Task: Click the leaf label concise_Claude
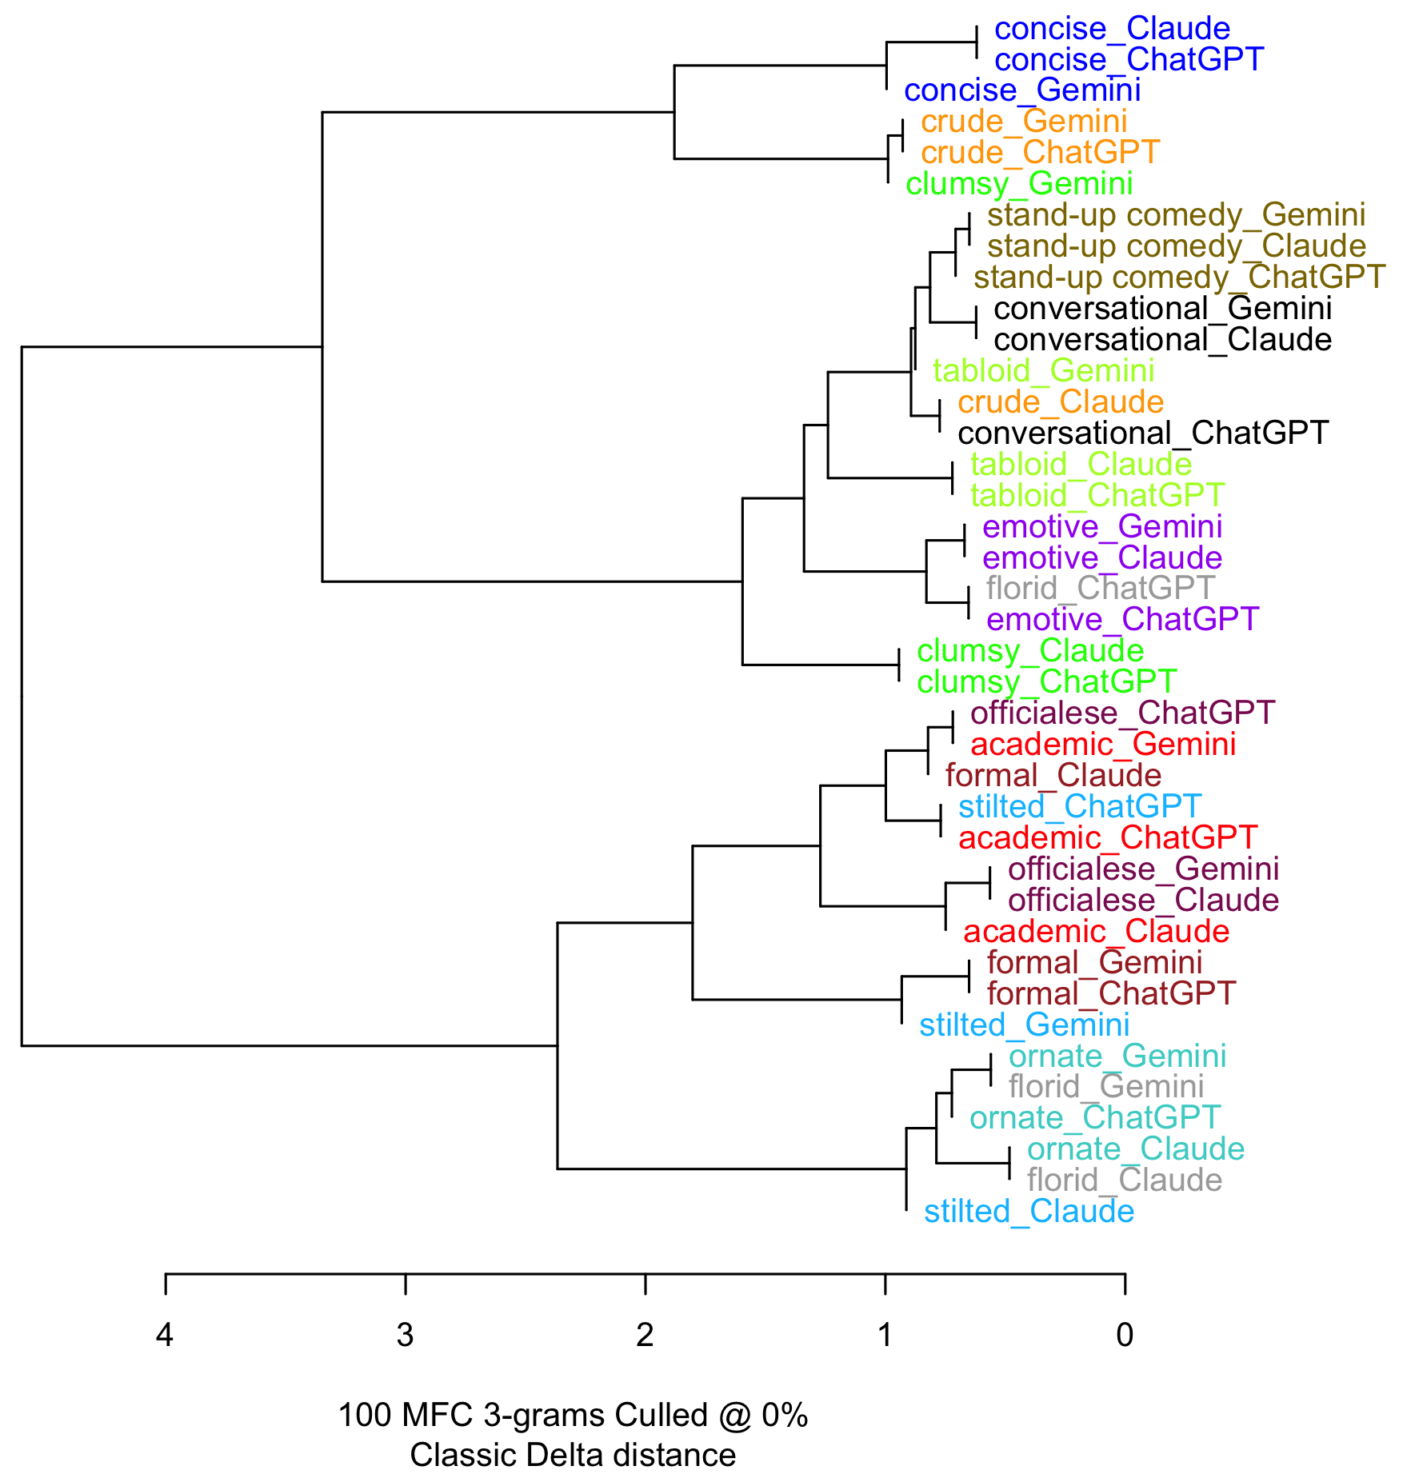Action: pyautogui.click(x=1112, y=30)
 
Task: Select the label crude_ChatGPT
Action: pyautogui.click(x=1040, y=153)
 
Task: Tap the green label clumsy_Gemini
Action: pyautogui.click(x=1019, y=184)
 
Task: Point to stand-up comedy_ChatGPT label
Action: pyautogui.click(x=1179, y=278)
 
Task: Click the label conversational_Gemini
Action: pyautogui.click(x=1162, y=309)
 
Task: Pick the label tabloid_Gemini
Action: pyautogui.click(x=1043, y=371)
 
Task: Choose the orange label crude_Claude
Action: pyautogui.click(x=1061, y=402)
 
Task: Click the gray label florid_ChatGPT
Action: pyautogui.click(x=1101, y=589)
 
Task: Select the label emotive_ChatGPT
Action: pyautogui.click(x=1122, y=620)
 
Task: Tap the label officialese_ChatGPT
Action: pyautogui.click(x=1122, y=713)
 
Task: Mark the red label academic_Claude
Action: pyautogui.click(x=1096, y=932)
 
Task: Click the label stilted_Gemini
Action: pyautogui.click(x=1024, y=1025)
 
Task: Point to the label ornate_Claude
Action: pyautogui.click(x=1136, y=1149)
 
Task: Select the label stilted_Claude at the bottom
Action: pyautogui.click(x=1029, y=1212)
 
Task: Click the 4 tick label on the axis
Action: pyautogui.click(x=165, y=1335)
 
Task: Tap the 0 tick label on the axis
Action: pyautogui.click(x=1125, y=1335)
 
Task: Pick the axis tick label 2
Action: pyautogui.click(x=645, y=1335)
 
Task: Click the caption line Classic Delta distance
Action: pyautogui.click(x=573, y=1455)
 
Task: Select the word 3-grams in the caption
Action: pyautogui.click(x=544, y=1416)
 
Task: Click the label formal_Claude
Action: pyautogui.click(x=1053, y=776)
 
